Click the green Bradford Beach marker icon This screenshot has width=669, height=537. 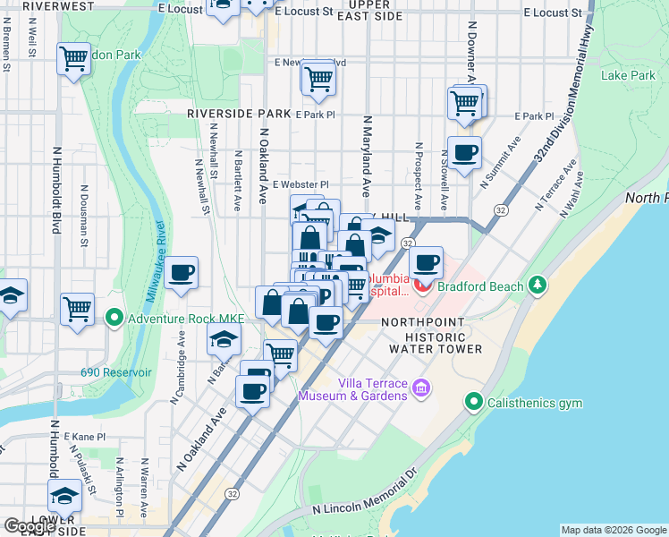pos(537,286)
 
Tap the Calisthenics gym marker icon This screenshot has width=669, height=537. pos(474,403)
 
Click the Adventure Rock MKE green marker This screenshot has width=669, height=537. pos(114,317)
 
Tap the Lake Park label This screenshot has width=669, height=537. pos(628,76)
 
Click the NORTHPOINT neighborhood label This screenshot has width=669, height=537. pos(423,321)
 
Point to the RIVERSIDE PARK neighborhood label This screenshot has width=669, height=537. pos(239,115)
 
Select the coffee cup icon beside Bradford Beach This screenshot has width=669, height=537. pos(427,262)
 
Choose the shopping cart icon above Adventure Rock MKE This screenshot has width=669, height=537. pos(78,309)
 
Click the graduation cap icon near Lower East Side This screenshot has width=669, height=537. pos(64,495)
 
